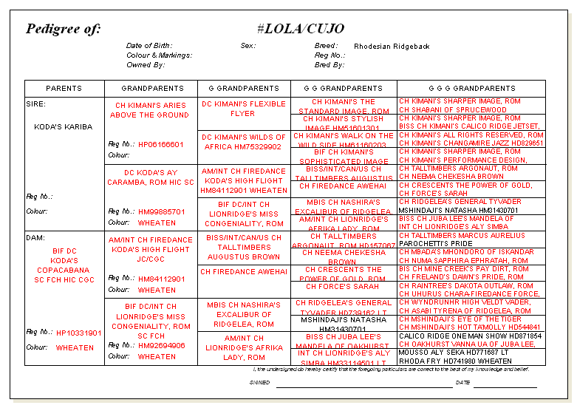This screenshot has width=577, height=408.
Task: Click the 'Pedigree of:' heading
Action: point(63,29)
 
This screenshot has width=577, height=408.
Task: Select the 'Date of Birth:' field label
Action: point(150,46)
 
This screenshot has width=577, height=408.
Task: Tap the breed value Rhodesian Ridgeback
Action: point(392,47)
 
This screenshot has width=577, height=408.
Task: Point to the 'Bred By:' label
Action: point(330,65)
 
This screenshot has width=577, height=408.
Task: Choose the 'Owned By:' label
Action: point(146,65)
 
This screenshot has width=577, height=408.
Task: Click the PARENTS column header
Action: point(64,88)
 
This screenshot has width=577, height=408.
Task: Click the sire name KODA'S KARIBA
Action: point(64,126)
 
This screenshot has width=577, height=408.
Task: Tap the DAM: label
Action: point(35,238)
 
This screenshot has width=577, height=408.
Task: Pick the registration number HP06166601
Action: point(161,145)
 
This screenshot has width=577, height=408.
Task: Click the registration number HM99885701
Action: point(162,211)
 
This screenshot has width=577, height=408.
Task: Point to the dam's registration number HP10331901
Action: point(79,333)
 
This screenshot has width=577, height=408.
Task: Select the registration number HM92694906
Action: point(162,345)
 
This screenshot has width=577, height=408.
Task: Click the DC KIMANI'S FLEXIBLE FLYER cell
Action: point(244,109)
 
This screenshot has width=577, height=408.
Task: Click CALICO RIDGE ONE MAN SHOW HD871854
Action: point(471,336)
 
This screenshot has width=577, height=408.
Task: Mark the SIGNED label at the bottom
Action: point(260,382)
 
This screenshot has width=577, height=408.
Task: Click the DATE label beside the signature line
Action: point(462,382)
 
